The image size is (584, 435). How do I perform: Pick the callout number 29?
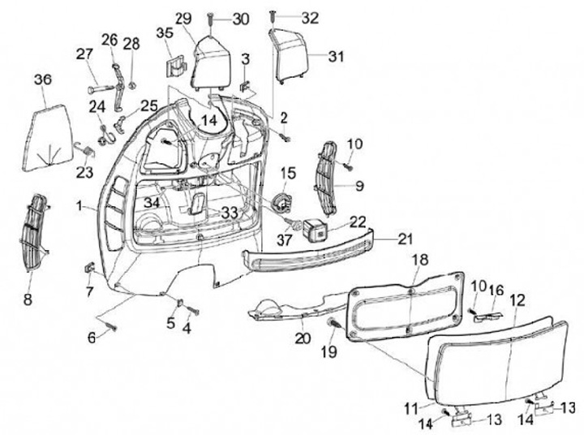pos(184,18)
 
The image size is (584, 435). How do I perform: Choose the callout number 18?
pos(419,260)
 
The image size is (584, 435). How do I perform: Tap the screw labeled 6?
pos(110,329)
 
